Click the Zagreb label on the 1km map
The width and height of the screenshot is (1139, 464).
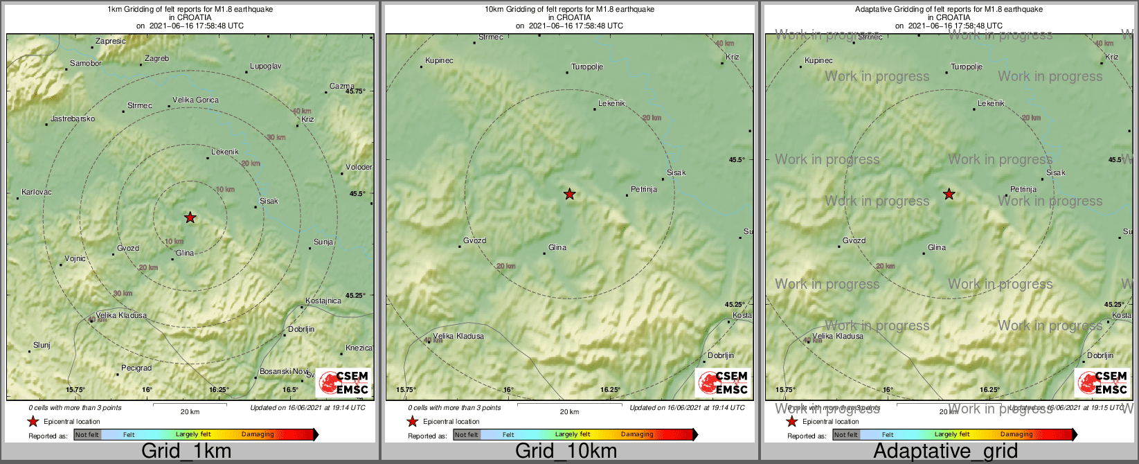[x=157, y=59]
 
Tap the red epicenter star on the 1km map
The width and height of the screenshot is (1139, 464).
[x=190, y=217]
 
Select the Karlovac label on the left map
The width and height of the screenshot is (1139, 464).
[x=37, y=192]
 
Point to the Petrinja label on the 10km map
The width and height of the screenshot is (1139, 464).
[x=644, y=189]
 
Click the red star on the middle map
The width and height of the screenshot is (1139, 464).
[x=569, y=195]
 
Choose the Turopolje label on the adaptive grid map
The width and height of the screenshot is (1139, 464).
[x=967, y=67]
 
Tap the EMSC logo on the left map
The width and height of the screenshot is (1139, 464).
[x=344, y=383]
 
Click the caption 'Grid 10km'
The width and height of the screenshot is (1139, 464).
[x=566, y=452]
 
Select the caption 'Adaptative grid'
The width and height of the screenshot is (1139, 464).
[x=945, y=452]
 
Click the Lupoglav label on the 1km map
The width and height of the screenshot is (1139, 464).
[x=266, y=66]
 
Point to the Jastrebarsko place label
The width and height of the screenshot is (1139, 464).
[x=73, y=118]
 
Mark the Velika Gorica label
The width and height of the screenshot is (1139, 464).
[x=195, y=100]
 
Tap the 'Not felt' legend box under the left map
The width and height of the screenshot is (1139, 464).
[x=87, y=435]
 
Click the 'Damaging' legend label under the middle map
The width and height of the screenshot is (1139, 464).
[x=637, y=435]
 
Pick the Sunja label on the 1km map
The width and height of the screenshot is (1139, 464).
[x=323, y=242]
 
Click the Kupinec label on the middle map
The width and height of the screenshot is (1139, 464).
[x=440, y=60]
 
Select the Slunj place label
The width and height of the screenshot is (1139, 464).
[x=42, y=345]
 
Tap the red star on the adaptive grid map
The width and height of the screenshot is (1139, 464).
[x=949, y=195]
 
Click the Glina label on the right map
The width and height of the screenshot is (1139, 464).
[x=937, y=247]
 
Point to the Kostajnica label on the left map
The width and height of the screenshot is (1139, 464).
[x=323, y=301]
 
